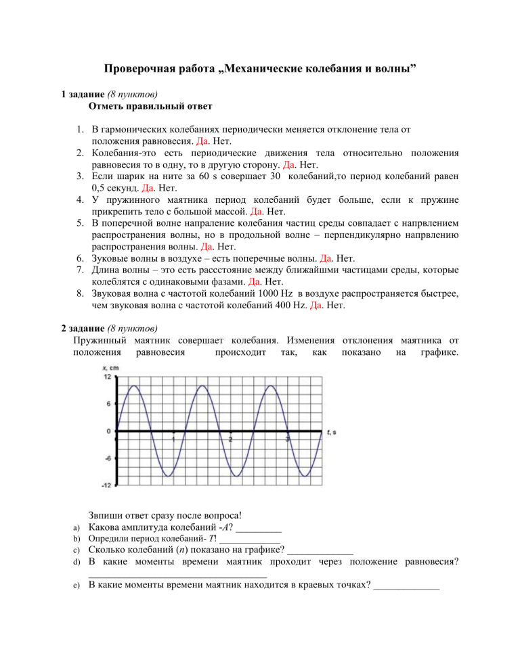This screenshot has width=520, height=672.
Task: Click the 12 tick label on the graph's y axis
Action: coord(107,376)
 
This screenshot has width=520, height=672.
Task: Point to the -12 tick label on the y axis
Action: coord(106,485)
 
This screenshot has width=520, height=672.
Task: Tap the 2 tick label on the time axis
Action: coord(231,439)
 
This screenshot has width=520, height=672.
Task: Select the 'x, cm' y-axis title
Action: coord(110,367)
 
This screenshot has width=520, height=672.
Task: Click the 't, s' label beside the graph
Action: coord(331,431)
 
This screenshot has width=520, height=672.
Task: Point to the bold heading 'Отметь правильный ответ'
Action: coord(150,106)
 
